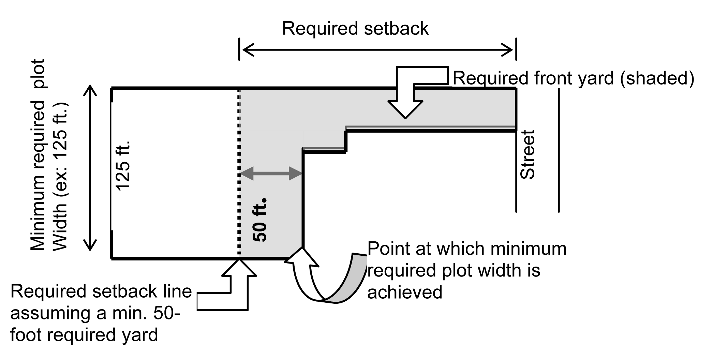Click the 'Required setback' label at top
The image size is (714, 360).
[x=355, y=29]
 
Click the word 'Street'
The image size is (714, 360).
[x=527, y=154]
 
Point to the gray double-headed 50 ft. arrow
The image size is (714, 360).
[x=271, y=174]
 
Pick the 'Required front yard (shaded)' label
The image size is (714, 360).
[x=573, y=78]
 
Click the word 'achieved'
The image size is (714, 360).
[x=404, y=292]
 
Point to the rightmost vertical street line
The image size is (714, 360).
[x=559, y=150]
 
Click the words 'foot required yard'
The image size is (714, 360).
[x=84, y=335]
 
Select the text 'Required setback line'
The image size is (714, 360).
[x=101, y=292]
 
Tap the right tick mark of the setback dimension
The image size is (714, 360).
[x=516, y=49]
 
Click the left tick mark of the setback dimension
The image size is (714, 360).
[x=239, y=49]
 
